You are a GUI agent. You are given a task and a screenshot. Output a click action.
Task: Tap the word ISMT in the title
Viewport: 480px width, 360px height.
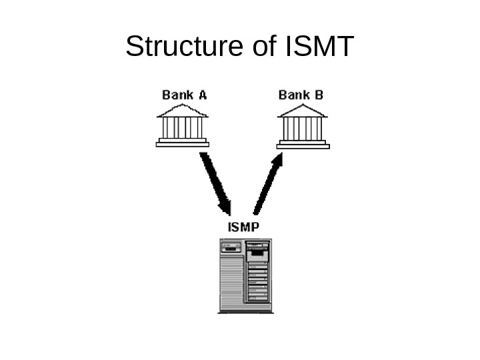tap(319, 47)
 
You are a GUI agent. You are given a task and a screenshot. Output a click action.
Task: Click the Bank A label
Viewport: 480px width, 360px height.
tap(184, 95)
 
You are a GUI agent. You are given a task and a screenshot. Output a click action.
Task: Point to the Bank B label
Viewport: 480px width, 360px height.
tap(301, 95)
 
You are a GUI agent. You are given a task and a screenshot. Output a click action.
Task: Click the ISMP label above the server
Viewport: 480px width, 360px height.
tap(243, 227)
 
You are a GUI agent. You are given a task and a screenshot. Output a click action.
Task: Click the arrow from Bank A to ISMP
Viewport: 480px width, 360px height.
tap(215, 180)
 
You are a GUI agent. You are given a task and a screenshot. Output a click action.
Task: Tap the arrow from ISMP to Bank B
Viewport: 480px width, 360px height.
tap(267, 183)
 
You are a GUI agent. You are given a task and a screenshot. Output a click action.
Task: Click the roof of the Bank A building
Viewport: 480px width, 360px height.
tap(183, 110)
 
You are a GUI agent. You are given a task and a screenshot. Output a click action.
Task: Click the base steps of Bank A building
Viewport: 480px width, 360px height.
tap(183, 142)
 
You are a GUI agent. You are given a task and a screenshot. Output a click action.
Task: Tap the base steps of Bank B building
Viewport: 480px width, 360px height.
tap(303, 142)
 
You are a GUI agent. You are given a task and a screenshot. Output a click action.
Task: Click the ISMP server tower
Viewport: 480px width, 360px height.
tap(245, 275)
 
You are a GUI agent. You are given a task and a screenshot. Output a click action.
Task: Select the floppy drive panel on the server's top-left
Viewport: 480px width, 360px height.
tap(231, 247)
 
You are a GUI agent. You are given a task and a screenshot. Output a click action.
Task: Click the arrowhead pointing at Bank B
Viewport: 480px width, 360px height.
tap(278, 160)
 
